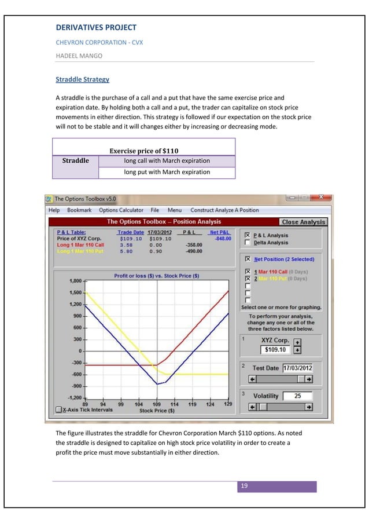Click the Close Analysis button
[304, 222]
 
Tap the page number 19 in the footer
[244, 486]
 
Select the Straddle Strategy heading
[82, 79]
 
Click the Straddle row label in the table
[75, 160]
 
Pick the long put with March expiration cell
[167, 172]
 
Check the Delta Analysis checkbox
[248, 243]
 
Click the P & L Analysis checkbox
[248, 235]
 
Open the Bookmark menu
[79, 210]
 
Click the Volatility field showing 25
[298, 396]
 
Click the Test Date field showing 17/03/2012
[298, 368]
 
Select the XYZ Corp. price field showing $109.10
[275, 350]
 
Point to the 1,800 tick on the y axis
[75, 281]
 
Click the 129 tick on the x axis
[228, 404]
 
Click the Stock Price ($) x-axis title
[157, 411]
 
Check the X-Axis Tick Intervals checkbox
[58, 409]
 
